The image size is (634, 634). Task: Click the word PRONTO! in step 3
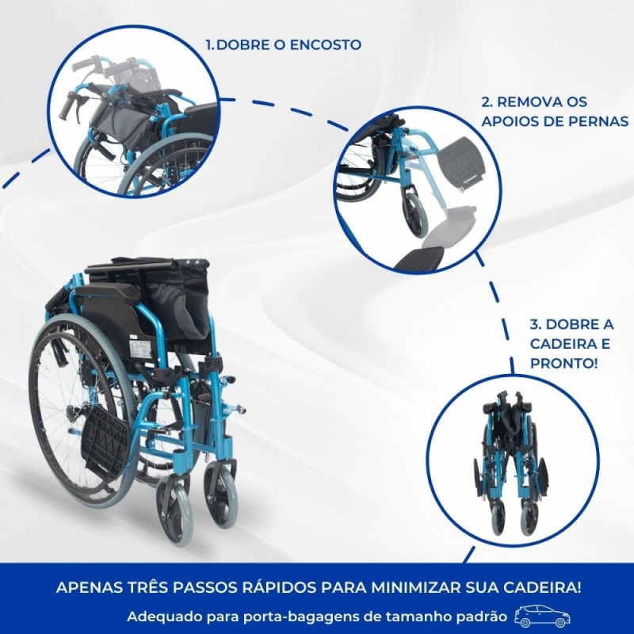564,364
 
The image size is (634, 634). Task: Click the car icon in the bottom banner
542,617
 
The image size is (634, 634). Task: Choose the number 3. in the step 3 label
536,325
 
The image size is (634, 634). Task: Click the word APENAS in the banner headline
86,588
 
